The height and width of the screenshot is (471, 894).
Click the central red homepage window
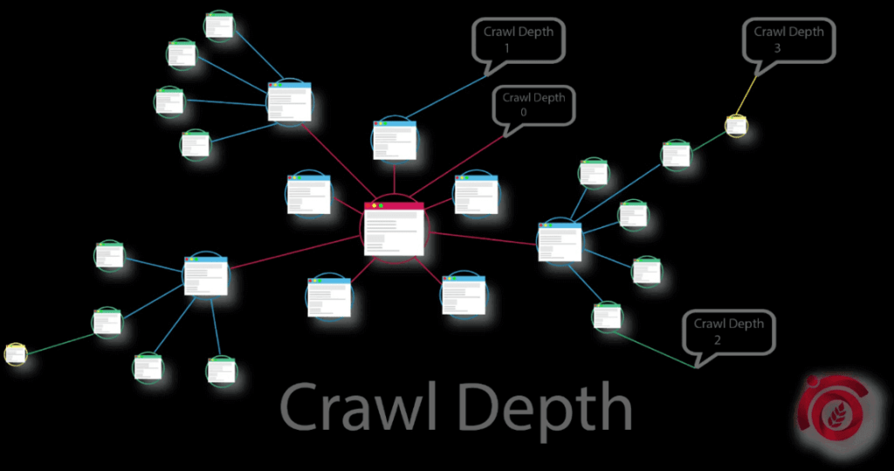point(394,229)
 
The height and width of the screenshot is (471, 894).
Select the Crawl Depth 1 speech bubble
point(519,39)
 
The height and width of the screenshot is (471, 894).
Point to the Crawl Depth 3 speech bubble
point(788,40)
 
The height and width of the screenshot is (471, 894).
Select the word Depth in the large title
point(546,408)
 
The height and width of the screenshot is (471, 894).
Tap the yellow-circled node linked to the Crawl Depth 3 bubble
point(737,126)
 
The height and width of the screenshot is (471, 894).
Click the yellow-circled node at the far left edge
point(16,354)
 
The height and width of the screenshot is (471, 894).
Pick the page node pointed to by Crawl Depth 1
point(395,139)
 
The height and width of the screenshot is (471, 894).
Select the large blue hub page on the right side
point(560,241)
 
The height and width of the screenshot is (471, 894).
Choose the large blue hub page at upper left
point(290,101)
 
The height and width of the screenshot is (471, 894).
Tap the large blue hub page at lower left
point(206,275)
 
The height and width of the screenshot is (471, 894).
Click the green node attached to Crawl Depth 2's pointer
point(606,315)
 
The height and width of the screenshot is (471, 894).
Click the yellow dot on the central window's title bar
point(374,205)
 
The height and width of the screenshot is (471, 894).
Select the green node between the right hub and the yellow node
point(676,155)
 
